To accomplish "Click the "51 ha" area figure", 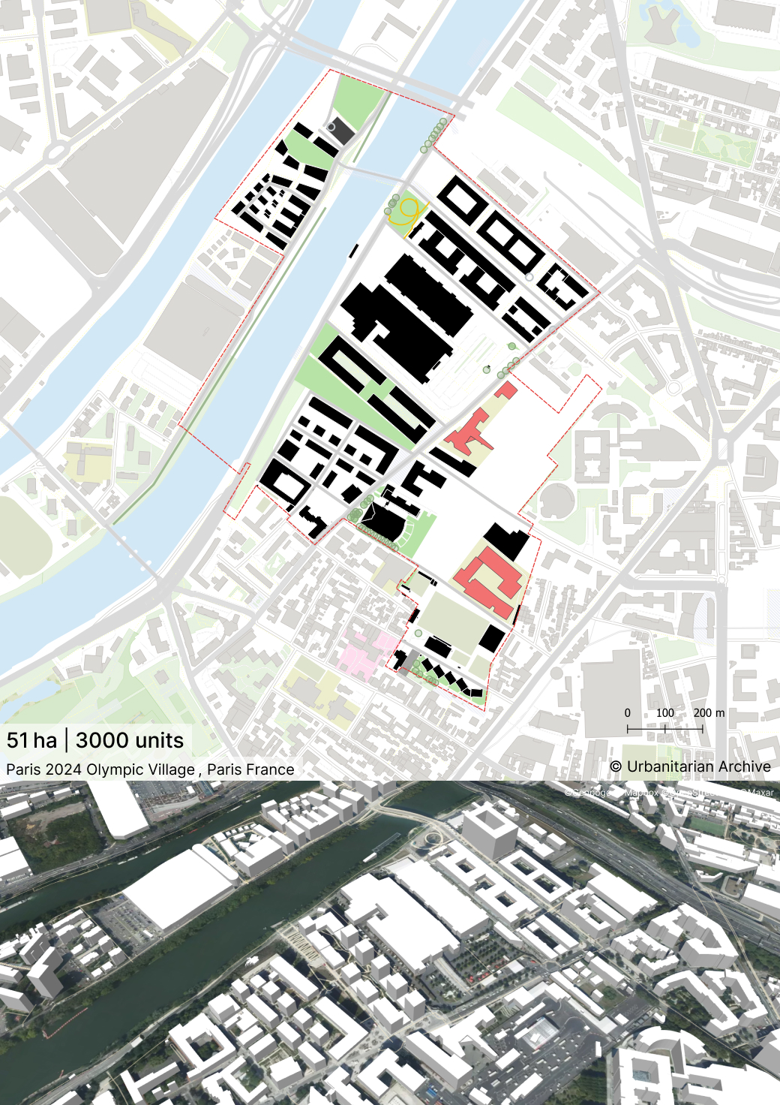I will (31, 740).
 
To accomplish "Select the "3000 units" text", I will (130, 740).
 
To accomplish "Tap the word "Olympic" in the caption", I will (114, 769).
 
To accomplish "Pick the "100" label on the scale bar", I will (665, 712).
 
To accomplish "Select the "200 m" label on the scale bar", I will (709, 712).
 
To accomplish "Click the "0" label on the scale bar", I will (628, 712).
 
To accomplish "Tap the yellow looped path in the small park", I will (406, 212).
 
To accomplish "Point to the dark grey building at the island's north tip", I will (340, 131).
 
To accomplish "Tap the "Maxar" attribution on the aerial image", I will (760, 792).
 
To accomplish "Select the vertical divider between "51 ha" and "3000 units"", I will (67, 740).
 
